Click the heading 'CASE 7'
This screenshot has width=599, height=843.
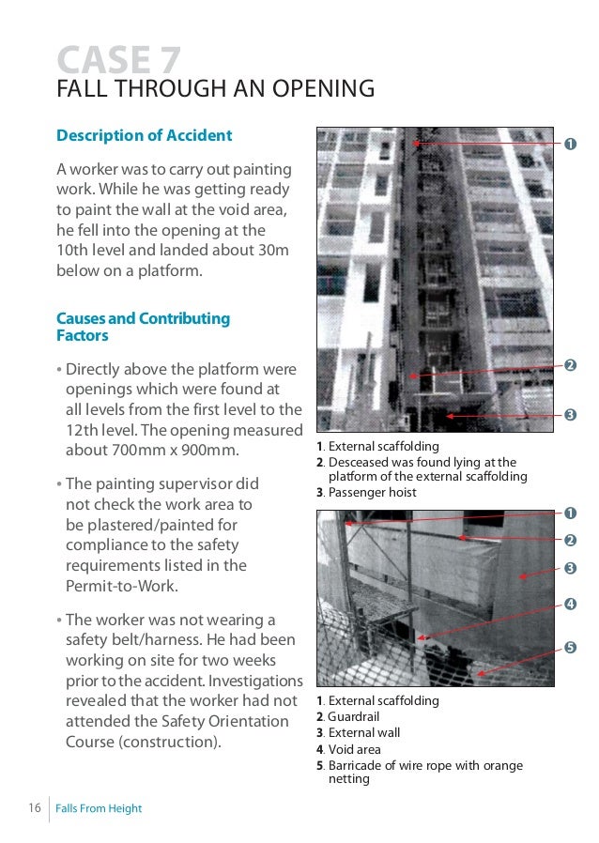click(119, 60)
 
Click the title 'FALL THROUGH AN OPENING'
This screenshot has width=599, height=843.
click(215, 90)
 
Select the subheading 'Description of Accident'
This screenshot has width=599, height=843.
click(144, 136)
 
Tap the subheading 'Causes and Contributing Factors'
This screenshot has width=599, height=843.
click(143, 327)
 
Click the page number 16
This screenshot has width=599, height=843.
click(34, 808)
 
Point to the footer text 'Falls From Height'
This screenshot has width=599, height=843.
click(99, 808)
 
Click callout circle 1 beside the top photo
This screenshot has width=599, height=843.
click(570, 145)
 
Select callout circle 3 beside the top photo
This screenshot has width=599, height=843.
click(570, 415)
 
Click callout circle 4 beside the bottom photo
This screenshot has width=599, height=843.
click(570, 603)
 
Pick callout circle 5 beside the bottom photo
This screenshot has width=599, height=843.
click(570, 649)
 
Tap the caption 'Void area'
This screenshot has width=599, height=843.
click(354, 749)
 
